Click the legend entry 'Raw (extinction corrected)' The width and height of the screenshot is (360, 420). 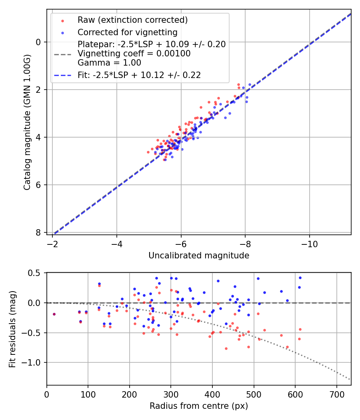pos(132,20)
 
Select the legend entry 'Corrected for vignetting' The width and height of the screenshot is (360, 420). pos(127,32)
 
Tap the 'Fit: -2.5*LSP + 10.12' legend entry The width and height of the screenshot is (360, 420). pos(139,75)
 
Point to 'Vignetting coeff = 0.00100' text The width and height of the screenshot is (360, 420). pos(134,54)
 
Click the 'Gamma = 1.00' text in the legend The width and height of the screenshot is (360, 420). pos(109,63)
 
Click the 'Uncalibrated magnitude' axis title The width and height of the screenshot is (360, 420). pos(199,256)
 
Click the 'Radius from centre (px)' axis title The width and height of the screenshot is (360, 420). pos(199,406)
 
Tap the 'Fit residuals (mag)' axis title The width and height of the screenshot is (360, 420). pos(12,328)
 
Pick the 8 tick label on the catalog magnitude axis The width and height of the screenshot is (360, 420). pos(38,232)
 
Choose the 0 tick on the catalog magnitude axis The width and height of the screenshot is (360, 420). pos(38,42)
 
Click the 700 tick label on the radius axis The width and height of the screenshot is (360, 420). pos(336,394)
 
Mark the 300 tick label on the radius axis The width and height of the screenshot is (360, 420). pos(171,394)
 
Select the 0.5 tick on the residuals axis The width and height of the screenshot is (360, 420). pos(35,273)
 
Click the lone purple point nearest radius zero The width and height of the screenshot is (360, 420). pos(54,314)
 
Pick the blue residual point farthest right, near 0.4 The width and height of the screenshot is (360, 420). pos(300,278)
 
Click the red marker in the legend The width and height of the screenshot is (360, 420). pos(62,20)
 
